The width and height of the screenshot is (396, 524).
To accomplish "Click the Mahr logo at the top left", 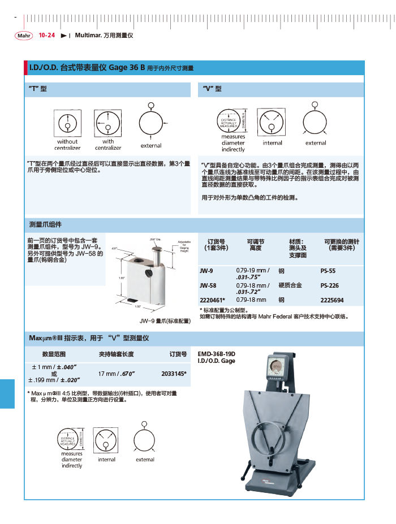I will click(x=24, y=36).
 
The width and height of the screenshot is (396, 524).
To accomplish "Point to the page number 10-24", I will click(x=47, y=36).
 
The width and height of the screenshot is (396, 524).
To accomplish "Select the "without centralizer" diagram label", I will click(x=67, y=145).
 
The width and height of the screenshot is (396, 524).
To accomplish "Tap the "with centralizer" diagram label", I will click(x=108, y=145).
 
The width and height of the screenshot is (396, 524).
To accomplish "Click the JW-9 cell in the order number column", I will click(x=206, y=271).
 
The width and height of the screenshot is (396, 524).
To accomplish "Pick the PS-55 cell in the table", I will click(x=328, y=271).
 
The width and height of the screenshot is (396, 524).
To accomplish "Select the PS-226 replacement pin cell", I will click(x=330, y=285).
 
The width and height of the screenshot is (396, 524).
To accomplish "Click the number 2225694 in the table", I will click(x=332, y=300).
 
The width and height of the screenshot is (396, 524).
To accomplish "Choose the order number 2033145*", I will click(x=174, y=374).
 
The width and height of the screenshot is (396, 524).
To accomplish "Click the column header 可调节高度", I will click(x=255, y=244).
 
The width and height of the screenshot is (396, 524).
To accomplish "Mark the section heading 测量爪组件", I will click(x=45, y=224).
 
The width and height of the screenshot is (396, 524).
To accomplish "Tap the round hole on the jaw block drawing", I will click(x=149, y=273).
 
